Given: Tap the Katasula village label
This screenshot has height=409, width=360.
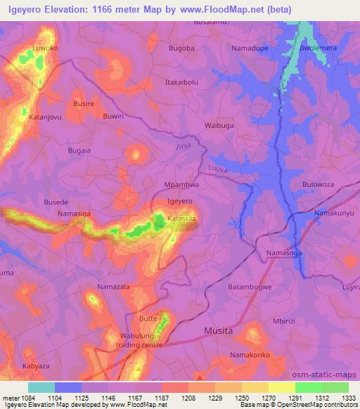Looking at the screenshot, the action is tap(180, 219).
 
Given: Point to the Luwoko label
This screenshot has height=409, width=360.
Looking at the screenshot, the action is tap(45, 48).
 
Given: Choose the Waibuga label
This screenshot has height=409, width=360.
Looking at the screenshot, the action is tap(219, 125).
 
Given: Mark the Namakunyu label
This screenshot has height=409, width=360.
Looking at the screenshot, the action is tap(334, 212).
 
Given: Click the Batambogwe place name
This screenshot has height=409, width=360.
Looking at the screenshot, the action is tap(250, 287).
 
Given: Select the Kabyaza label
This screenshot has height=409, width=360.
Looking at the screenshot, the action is tap(36, 367).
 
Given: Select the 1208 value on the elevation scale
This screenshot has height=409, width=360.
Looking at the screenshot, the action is tap(187, 397).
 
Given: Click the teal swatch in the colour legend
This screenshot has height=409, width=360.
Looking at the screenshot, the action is tap(41, 387).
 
